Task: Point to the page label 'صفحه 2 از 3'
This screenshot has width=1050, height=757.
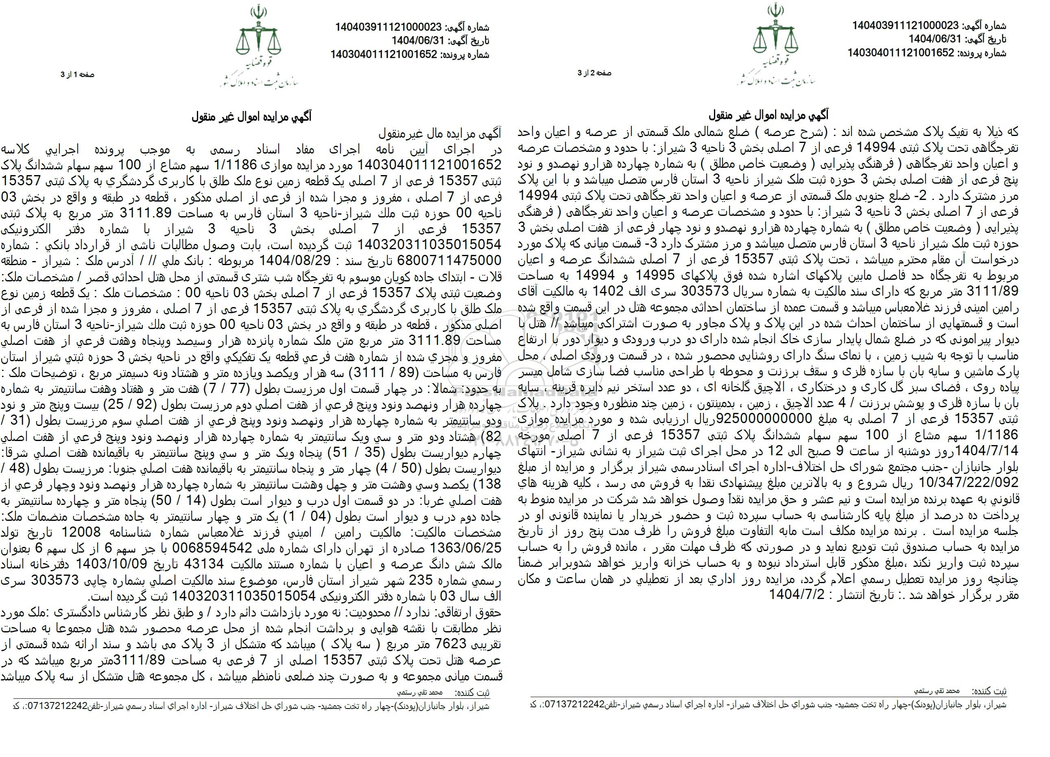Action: (x=594, y=73)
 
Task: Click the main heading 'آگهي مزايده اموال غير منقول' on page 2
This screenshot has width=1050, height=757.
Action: (x=769, y=115)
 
